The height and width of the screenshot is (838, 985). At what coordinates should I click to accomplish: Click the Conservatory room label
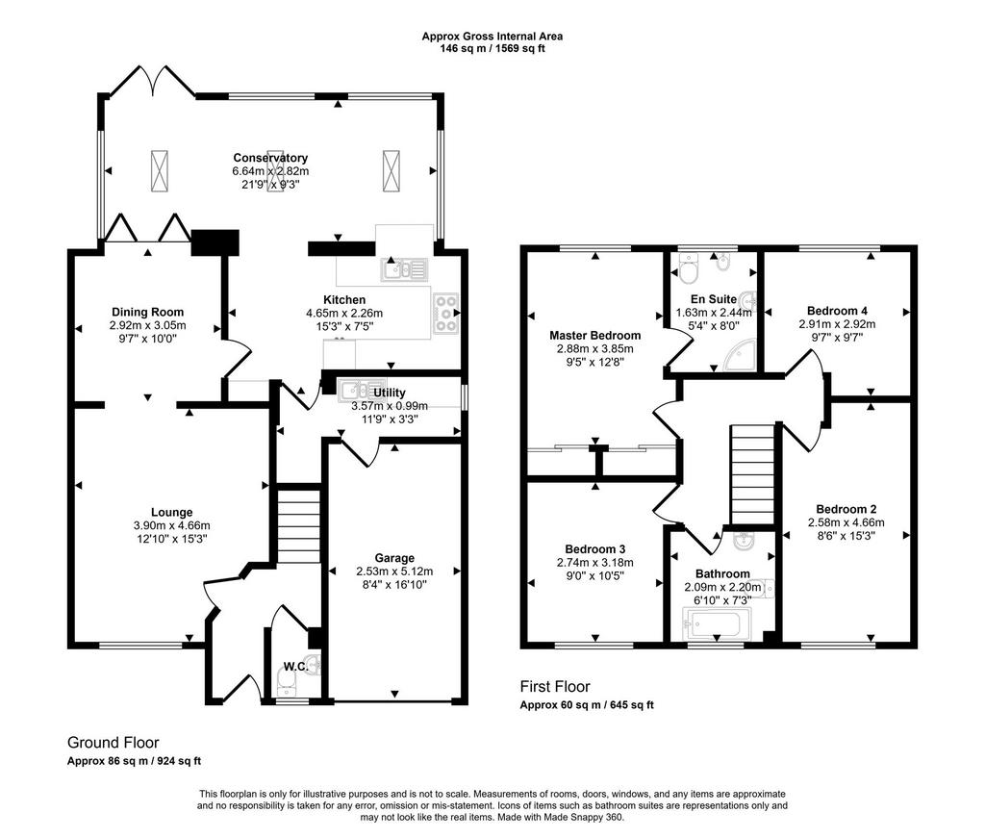click(270, 158)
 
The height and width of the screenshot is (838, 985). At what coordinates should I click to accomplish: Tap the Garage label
click(394, 558)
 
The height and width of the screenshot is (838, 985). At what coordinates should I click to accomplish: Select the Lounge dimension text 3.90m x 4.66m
click(171, 525)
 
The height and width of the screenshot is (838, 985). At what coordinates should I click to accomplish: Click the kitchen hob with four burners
click(445, 313)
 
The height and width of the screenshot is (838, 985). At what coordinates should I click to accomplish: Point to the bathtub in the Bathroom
click(716, 624)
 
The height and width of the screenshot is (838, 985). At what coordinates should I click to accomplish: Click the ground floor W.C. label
click(295, 666)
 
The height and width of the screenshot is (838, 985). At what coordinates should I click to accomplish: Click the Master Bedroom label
click(594, 336)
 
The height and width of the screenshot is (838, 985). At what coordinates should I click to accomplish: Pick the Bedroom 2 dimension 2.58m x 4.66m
click(846, 522)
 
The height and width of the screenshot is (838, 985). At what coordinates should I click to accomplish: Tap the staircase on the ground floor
click(299, 525)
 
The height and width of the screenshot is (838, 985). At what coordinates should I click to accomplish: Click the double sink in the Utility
click(363, 391)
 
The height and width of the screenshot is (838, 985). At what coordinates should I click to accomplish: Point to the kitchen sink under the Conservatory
click(404, 269)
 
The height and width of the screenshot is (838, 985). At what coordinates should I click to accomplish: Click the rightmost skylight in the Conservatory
click(391, 171)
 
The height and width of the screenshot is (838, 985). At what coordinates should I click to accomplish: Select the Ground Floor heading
click(114, 743)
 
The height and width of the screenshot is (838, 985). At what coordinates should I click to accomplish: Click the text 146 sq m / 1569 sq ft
click(492, 48)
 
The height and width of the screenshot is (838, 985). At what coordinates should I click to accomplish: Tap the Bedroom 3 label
click(594, 549)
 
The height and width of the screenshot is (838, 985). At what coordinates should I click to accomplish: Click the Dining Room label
click(147, 312)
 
